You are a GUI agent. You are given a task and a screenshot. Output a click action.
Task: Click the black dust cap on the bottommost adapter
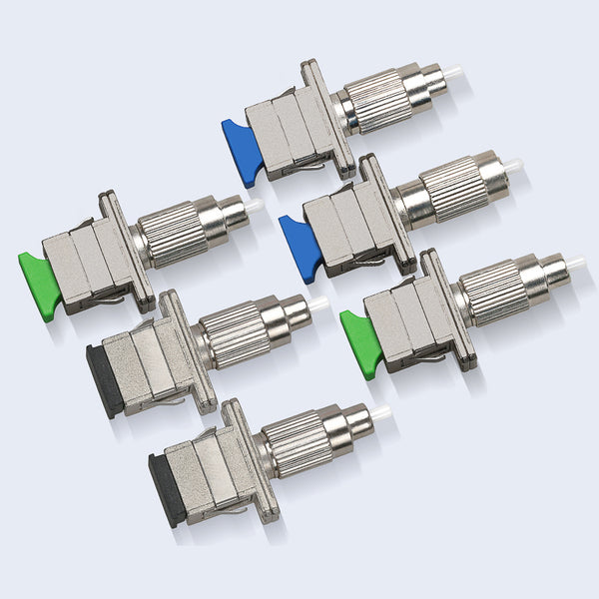166,488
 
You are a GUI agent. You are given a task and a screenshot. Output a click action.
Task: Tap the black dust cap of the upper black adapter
105,381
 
